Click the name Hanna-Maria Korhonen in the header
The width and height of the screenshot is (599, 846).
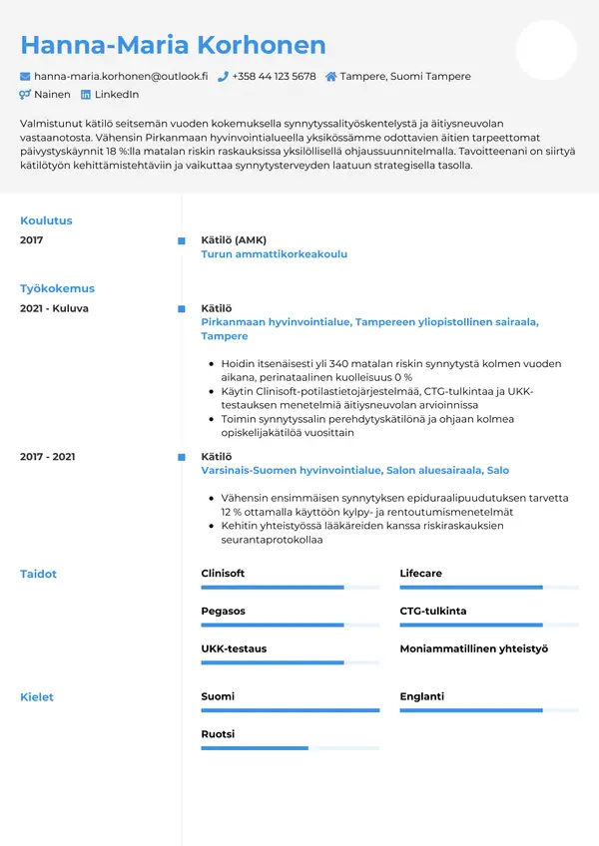tap(173, 45)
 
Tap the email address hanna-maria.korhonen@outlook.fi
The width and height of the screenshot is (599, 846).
tap(121, 76)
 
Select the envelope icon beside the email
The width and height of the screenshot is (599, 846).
tap(26, 76)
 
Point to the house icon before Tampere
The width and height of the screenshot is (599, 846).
tap(330, 76)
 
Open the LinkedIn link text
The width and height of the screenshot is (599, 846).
tap(116, 95)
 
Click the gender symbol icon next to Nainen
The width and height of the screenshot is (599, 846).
tap(26, 95)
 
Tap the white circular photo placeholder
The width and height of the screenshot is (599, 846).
tap(546, 50)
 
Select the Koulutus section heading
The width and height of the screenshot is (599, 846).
tap(46, 220)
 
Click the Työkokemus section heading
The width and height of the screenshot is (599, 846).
tap(57, 288)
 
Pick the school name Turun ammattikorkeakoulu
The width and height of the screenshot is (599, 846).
tap(274, 254)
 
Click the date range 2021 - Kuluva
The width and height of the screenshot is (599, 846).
tap(54, 308)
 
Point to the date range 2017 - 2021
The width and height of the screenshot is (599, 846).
tap(47, 456)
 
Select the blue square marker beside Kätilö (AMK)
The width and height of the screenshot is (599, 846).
tap(181, 240)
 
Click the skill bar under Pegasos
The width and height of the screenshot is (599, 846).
tap(290, 626)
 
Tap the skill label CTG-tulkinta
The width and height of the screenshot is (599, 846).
tap(432, 611)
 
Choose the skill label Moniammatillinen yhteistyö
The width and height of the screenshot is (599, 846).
tap(473, 648)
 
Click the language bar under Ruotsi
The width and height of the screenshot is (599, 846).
tap(290, 747)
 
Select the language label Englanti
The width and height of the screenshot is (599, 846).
tap(421, 696)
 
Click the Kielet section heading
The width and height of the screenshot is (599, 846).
tap(37, 696)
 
